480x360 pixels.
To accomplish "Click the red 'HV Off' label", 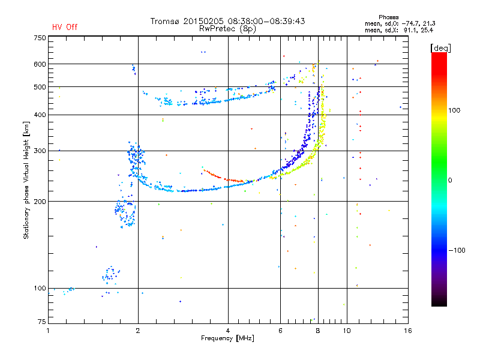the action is tap(65, 27).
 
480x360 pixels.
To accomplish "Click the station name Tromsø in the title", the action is tap(166, 21).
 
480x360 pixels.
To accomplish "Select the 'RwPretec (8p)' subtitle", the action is tap(227, 29).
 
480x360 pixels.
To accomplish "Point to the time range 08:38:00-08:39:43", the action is tap(266, 21).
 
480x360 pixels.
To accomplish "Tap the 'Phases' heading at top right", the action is tap(388, 17).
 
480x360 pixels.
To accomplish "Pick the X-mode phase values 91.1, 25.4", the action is tap(418, 30).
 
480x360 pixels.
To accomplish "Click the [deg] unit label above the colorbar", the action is tap(440, 48).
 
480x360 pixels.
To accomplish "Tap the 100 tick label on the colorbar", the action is tap(454, 110).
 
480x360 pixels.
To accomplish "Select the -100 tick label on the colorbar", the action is tap(457, 250).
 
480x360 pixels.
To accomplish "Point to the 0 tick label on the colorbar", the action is tap(449, 181).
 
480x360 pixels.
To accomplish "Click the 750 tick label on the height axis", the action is tap(40, 38).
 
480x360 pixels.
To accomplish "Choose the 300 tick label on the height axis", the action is tap(40, 151).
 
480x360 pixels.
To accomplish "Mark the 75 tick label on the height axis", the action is tap(42, 322).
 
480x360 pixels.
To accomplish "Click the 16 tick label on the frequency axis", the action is tap(408, 331).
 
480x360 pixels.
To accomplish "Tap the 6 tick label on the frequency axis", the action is tap(280, 331).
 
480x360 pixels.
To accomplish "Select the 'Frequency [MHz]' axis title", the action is tap(227, 338).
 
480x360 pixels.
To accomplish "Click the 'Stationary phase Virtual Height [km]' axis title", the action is tap(26, 180).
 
